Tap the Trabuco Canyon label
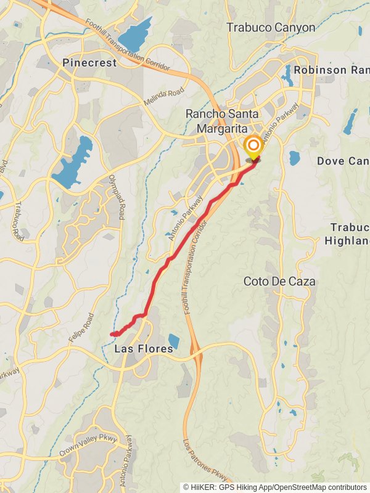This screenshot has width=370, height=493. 271,27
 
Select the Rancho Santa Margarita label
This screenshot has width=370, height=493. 216,121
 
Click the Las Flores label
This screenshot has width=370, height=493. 144,349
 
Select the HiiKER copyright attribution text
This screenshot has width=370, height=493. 274,487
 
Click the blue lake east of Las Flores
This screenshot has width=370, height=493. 173,341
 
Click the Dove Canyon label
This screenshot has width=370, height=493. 343,161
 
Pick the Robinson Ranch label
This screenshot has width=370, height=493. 331,70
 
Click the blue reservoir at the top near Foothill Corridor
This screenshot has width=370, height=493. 136,34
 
